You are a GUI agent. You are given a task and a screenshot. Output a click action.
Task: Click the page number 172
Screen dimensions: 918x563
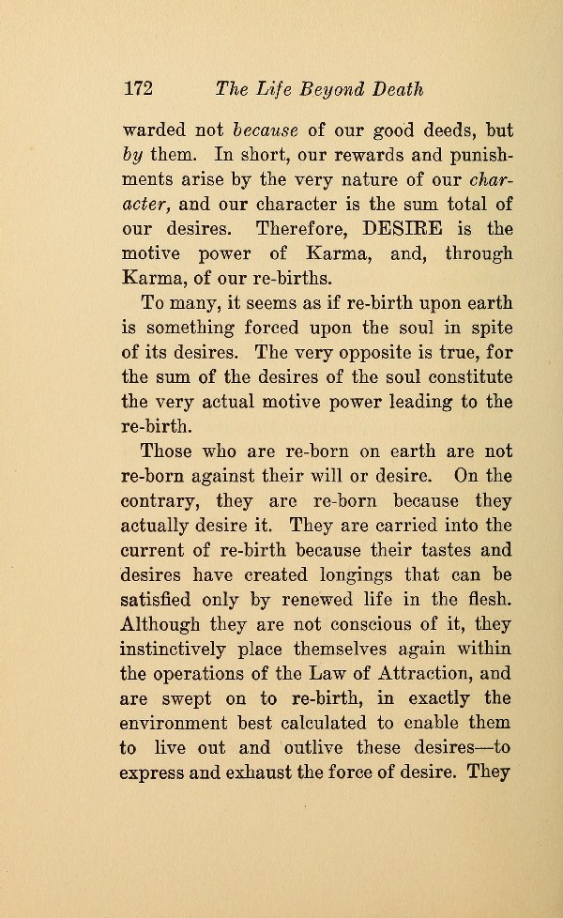pos(138,89)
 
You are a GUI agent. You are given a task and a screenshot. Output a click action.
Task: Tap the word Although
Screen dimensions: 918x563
pos(167,621)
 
